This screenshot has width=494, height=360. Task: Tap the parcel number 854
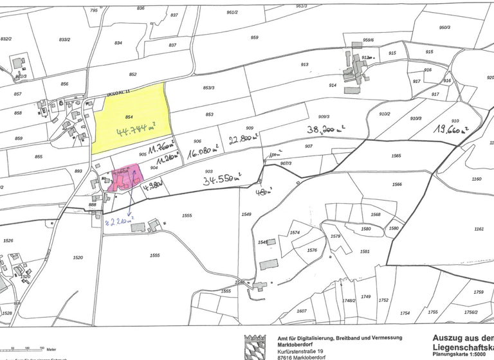[x=129, y=117]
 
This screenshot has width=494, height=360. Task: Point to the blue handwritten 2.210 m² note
[x=118, y=222]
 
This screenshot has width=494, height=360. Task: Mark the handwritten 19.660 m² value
[x=450, y=129]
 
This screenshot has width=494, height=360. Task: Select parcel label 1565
[x=396, y=156]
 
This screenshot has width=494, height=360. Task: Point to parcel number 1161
[x=479, y=229]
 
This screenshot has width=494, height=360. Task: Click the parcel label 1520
[x=78, y=258]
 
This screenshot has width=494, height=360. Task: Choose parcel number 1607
[x=302, y=311]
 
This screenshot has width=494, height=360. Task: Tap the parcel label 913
[x=304, y=65]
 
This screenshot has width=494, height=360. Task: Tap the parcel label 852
[x=133, y=75]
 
